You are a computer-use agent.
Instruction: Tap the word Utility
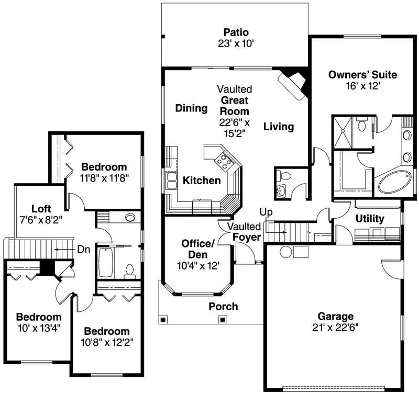370,218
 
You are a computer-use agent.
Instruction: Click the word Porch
223,306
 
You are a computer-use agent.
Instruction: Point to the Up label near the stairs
266,212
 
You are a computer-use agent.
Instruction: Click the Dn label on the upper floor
84,249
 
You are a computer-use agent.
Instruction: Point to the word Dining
191,108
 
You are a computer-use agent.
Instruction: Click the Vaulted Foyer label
245,232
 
